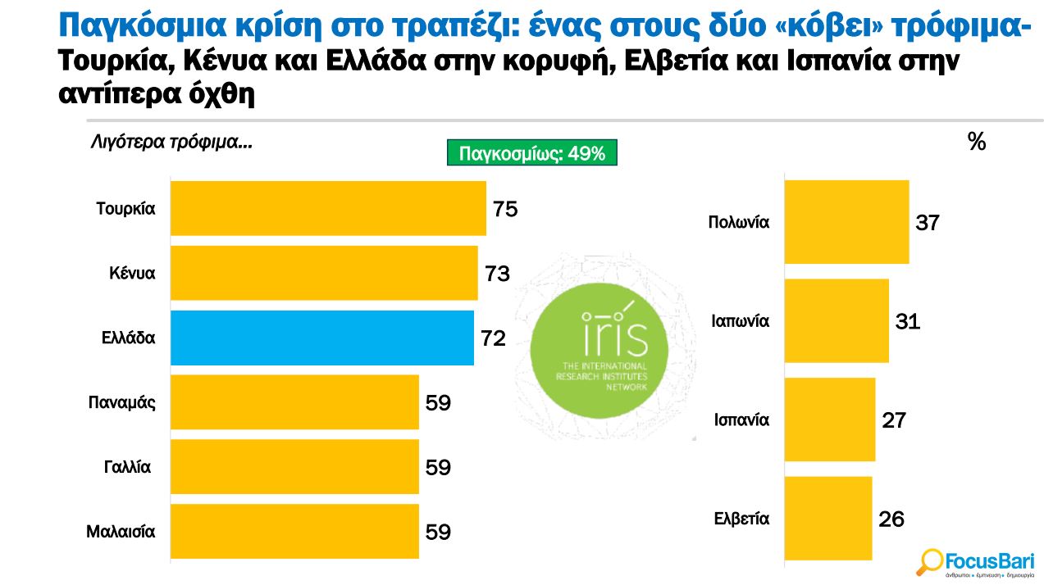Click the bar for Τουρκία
point(328,208)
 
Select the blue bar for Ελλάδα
point(321,338)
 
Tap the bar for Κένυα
point(324,273)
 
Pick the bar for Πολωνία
point(846,222)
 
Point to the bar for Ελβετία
point(828,519)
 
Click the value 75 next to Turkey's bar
point(505,209)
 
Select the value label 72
point(493,338)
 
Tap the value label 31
point(908,321)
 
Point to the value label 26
point(891,519)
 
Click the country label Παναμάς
point(121,402)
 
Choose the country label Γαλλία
point(128,467)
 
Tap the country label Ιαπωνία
point(740,321)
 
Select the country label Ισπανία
point(741,420)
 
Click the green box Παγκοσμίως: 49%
point(531,153)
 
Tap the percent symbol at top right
point(976,143)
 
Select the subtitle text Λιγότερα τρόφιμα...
point(171,143)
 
